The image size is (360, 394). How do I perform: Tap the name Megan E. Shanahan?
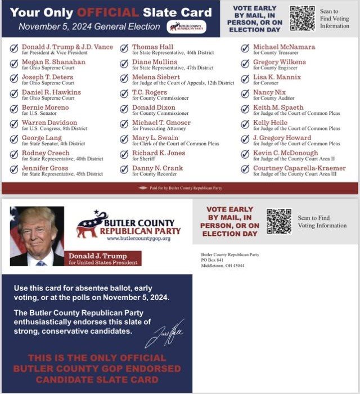[53, 62]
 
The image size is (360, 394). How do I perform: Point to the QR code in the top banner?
[302, 18]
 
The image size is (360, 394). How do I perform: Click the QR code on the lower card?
[278, 221]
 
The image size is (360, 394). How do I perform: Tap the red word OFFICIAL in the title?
[107, 12]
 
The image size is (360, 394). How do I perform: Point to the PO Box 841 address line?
[212, 260]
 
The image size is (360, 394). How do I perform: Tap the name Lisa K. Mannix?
[277, 77]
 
